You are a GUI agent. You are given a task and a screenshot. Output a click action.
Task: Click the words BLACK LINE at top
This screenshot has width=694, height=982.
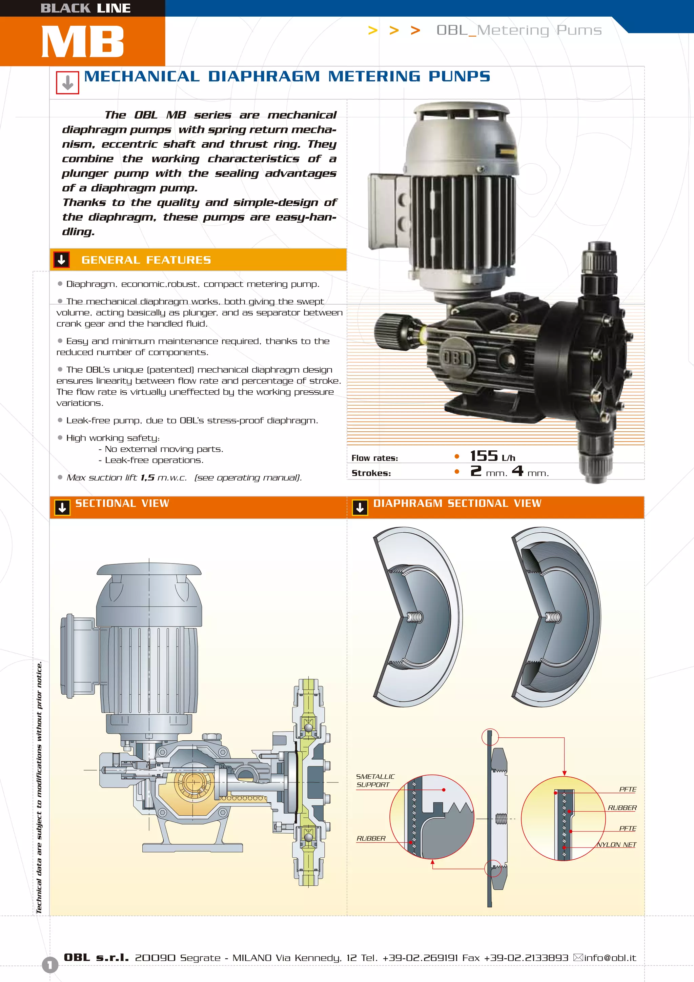click(x=85, y=8)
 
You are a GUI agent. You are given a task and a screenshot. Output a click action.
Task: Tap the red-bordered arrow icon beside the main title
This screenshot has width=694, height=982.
click(x=67, y=83)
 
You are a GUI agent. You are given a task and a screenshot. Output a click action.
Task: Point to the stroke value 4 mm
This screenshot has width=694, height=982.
click(x=530, y=472)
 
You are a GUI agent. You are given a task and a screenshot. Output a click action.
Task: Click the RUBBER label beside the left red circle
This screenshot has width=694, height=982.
click(x=371, y=838)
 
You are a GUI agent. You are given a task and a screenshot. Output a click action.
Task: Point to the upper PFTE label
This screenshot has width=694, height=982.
click(x=627, y=789)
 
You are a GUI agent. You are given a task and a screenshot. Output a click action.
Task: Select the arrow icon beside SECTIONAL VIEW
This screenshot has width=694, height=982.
click(x=62, y=508)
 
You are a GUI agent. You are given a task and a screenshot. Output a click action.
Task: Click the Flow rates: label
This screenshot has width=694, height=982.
click(x=374, y=458)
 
